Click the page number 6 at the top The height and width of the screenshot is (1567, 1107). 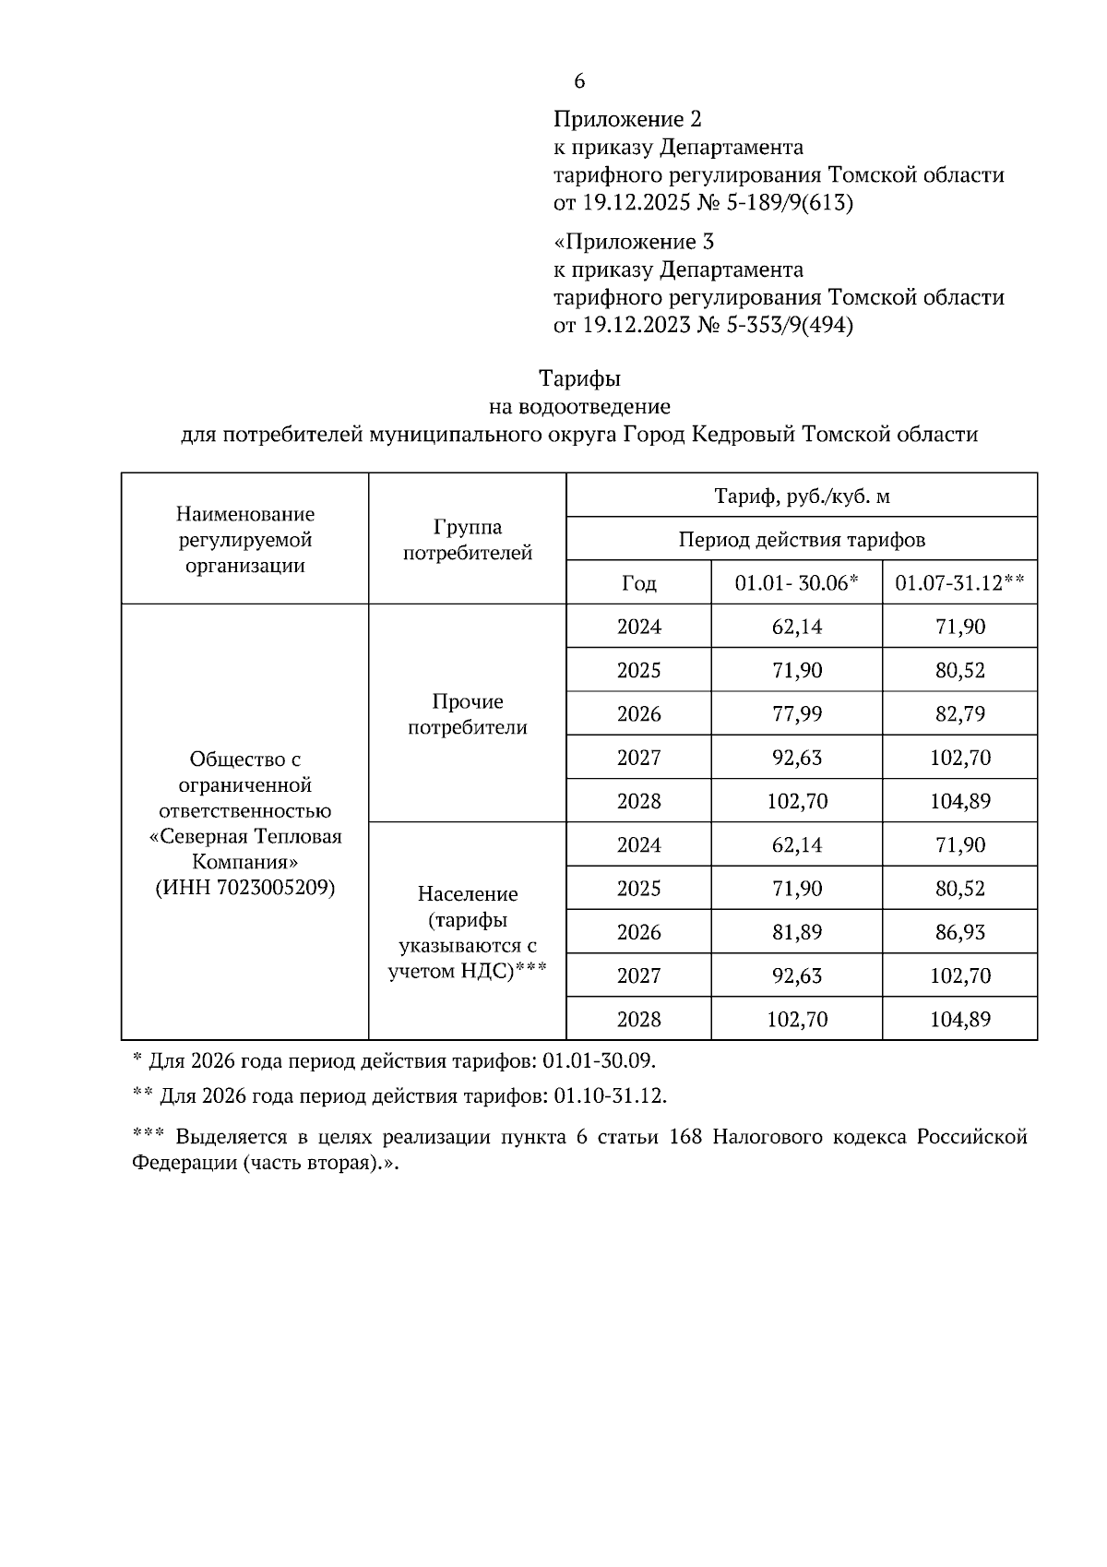pos(579,81)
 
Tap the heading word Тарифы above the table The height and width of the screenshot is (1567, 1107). pos(579,378)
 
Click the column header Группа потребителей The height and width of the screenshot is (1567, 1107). pos(468,540)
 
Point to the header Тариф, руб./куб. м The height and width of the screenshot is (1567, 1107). pos(802,496)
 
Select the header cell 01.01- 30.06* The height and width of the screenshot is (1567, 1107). pos(796,583)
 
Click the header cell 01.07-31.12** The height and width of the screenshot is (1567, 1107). pos(959,583)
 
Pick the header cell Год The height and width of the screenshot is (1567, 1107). pos(638,583)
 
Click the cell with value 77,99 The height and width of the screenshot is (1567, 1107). pos(796,713)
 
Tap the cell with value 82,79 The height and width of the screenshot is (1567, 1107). pos(959,713)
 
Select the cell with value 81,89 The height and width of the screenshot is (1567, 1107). pos(796,932)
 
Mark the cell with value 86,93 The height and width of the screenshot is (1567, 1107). pos(959,932)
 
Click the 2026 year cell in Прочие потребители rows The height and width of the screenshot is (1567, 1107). pos(638,713)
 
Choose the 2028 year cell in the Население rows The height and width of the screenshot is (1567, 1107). pos(638,1019)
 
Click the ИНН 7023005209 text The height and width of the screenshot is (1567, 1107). pos(244,888)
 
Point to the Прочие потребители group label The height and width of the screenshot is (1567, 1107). pos(468,714)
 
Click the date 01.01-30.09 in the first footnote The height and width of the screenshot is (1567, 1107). pos(599,1060)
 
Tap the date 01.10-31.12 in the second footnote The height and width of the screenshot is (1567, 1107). pos(609,1096)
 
